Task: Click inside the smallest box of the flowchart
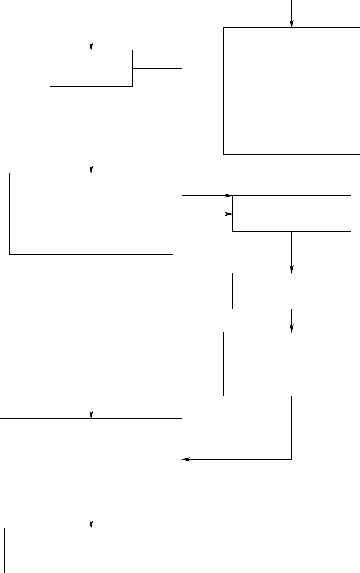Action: pos(91,68)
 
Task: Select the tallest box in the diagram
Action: pos(291,91)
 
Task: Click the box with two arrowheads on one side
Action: pos(291,214)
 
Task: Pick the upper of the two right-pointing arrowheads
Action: pos(229,196)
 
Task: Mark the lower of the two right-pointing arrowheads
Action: pos(229,214)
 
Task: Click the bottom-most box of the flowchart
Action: pos(91,550)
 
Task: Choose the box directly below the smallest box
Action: pos(91,214)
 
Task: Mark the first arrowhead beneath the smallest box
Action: pos(91,169)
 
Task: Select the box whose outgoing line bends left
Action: pos(291,363)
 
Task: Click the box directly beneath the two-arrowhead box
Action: pos(291,291)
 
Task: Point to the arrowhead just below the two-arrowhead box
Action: pos(291,270)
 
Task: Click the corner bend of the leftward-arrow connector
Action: pos(291,459)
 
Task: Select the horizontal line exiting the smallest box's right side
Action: pos(157,68)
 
